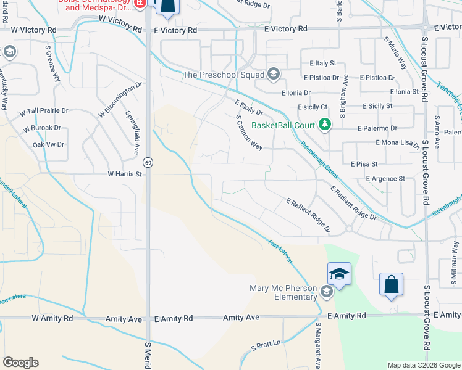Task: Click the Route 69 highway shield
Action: click(148, 162)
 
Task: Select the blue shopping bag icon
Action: click(391, 285)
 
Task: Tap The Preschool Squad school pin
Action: click(273, 75)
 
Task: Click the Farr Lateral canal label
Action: click(280, 252)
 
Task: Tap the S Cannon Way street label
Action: click(250, 133)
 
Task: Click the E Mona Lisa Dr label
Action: click(398, 143)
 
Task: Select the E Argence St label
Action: click(385, 179)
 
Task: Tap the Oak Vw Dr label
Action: click(48, 144)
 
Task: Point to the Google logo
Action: click(20, 363)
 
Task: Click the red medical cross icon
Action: click(140, 3)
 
